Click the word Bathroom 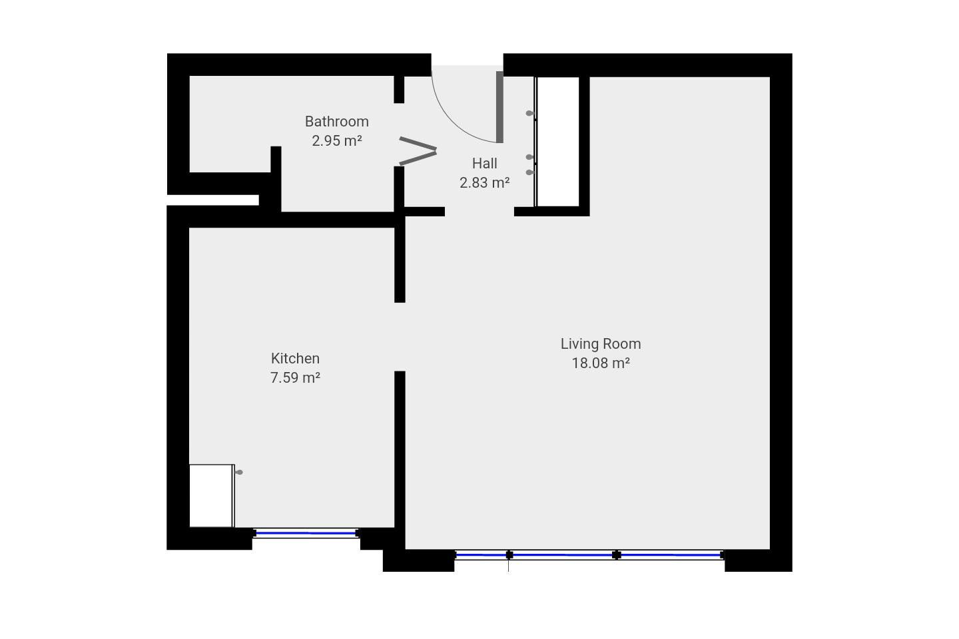tap(336, 122)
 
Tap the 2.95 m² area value tap(336, 141)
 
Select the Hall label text tap(484, 163)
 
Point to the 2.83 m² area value tap(484, 183)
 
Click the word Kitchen tap(295, 358)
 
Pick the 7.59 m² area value tap(295, 377)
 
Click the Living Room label tap(600, 343)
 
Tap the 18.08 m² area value tap(600, 363)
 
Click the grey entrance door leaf tap(499, 107)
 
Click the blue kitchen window tap(306, 533)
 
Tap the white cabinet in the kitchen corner tap(212, 496)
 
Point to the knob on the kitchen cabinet tap(239, 472)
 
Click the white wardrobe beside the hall tap(557, 142)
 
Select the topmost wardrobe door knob tap(529, 113)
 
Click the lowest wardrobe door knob tap(529, 172)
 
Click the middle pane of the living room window tap(563, 555)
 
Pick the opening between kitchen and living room tap(400, 337)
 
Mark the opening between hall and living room tap(479, 212)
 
